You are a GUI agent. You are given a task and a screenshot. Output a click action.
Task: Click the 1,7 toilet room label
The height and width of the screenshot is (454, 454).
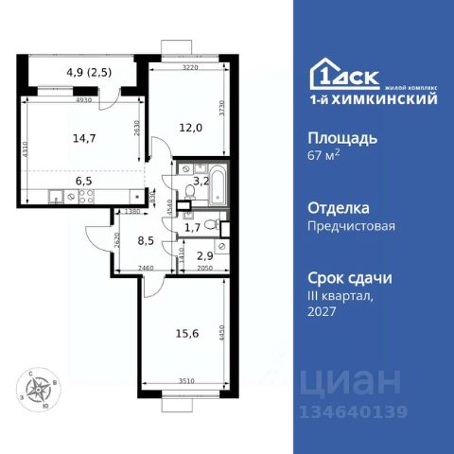192,226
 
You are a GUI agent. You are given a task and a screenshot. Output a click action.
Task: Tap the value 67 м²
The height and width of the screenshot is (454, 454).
326,156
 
